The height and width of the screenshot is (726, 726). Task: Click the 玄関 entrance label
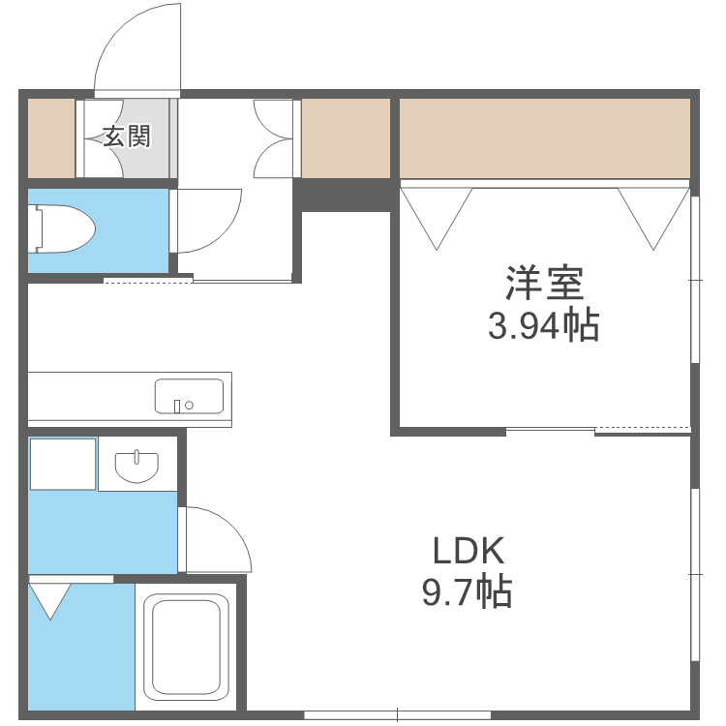[x=127, y=136]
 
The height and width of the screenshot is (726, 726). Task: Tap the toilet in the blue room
[x=64, y=230]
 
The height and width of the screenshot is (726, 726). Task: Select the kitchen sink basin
[x=189, y=396]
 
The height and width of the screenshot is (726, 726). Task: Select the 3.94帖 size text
[x=543, y=327]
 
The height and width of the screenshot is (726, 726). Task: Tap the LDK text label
[x=468, y=551]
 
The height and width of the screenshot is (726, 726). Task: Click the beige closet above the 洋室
[x=544, y=137]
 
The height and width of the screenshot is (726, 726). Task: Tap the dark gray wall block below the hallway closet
[x=345, y=194]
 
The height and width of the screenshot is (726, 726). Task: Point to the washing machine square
[x=63, y=464]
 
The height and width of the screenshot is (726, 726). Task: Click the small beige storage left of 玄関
[x=49, y=137]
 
